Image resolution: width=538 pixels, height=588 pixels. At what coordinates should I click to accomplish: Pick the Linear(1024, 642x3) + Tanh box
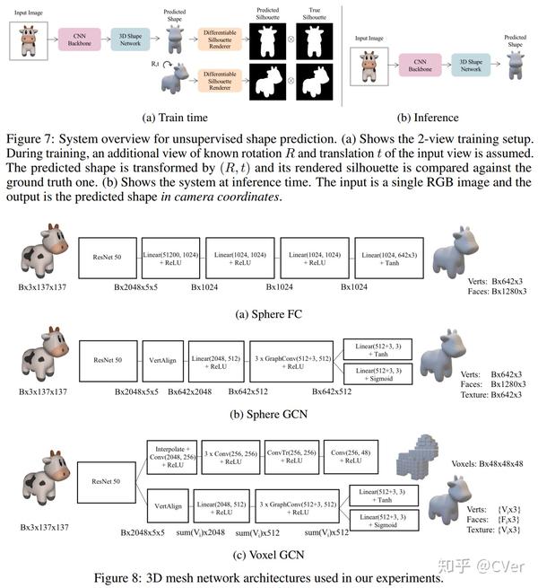(x=389, y=259)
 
